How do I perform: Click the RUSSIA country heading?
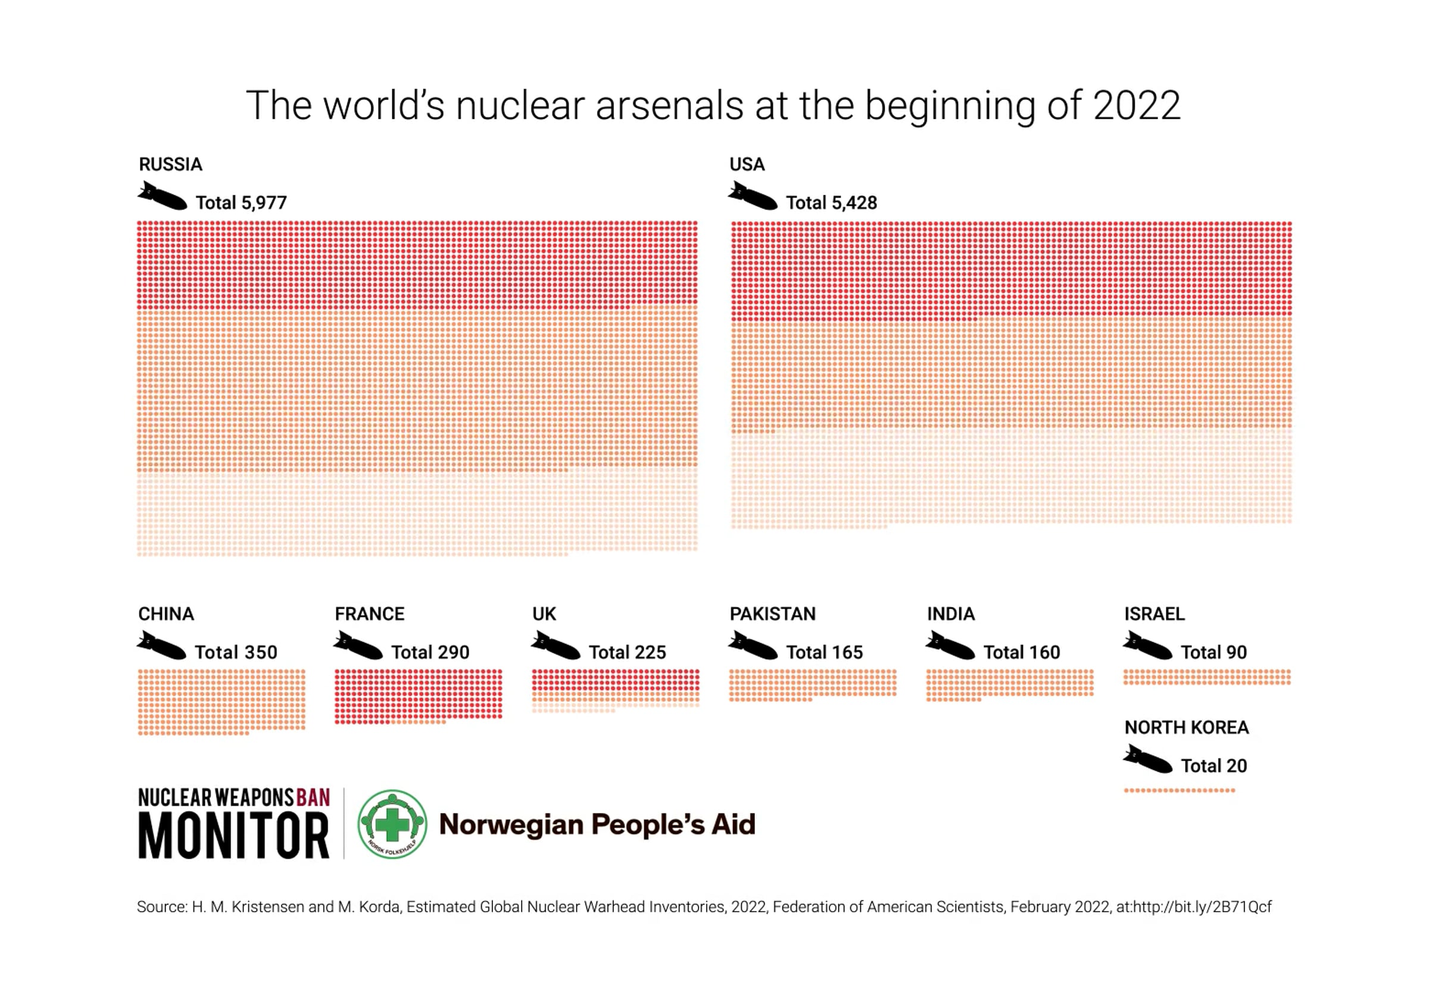(x=170, y=164)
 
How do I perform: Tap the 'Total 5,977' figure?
(x=241, y=203)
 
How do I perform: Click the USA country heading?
(x=747, y=164)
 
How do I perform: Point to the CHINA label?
(x=166, y=614)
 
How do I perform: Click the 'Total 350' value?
(x=236, y=652)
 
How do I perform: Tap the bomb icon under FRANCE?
(x=358, y=645)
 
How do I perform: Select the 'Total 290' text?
(x=430, y=652)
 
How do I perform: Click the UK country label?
(x=544, y=614)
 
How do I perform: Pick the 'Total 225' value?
(x=628, y=652)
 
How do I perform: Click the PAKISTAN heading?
(x=772, y=614)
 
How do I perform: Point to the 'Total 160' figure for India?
(x=1022, y=652)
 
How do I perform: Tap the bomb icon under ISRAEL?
(x=1147, y=645)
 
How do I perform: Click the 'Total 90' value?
(x=1214, y=652)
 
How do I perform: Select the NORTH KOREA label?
(x=1187, y=728)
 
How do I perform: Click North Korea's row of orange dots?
(x=1179, y=790)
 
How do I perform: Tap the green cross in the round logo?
(x=392, y=824)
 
